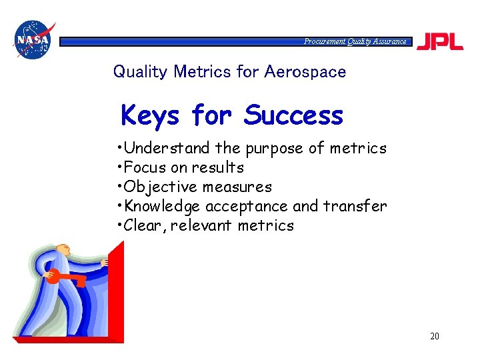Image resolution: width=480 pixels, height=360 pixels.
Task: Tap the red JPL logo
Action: [x=440, y=41]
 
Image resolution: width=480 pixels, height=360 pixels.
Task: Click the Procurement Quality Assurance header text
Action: [x=355, y=41]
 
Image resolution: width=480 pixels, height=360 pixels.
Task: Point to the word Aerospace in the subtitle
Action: [x=305, y=71]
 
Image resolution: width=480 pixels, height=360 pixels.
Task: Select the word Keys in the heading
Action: [x=150, y=116]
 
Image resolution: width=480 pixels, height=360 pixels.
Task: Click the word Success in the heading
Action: [x=293, y=115]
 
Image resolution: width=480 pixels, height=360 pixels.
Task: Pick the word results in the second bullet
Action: [x=217, y=167]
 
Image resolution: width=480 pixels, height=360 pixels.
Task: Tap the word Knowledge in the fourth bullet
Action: [x=163, y=206]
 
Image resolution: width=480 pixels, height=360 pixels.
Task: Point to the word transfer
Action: [x=355, y=206]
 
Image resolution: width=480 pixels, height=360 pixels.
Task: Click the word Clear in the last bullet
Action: [x=143, y=225]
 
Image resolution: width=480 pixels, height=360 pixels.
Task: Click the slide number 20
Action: [x=434, y=336]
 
